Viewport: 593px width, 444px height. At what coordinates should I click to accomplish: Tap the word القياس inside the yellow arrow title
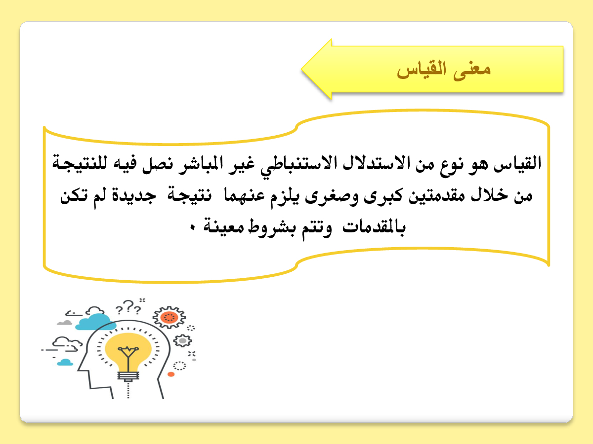(422, 69)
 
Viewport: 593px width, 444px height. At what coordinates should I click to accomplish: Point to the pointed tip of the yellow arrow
(302, 69)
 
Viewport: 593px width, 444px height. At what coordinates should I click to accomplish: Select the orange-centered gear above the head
(169, 317)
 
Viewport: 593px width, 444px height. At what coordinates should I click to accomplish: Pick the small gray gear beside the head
(183, 341)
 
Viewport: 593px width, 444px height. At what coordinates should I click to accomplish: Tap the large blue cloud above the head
(95, 322)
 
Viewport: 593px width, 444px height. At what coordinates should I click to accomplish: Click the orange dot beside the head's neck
(171, 374)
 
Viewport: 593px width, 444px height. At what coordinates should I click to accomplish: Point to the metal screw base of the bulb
(128, 376)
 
